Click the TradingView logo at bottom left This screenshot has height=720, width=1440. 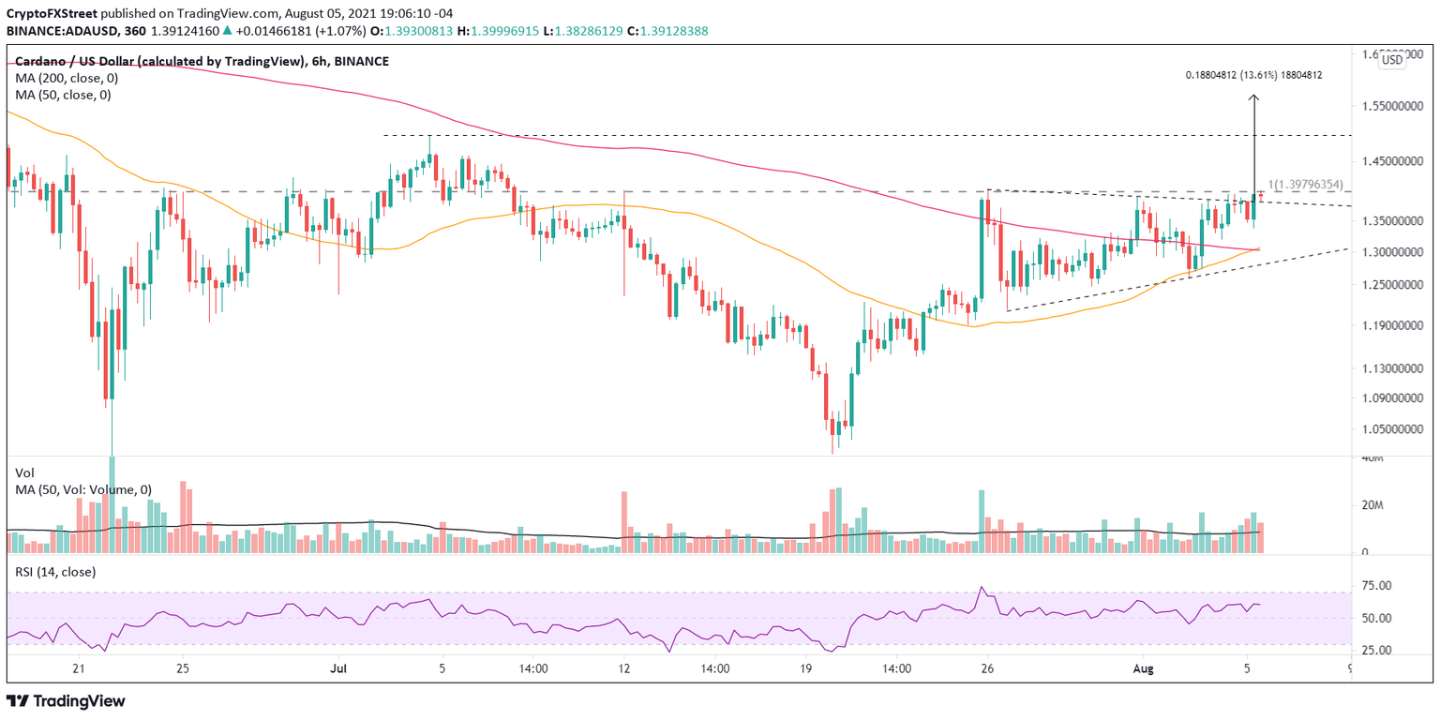point(66,700)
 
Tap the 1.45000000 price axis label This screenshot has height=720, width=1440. point(1389,161)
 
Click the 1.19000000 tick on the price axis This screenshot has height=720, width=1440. point(1389,326)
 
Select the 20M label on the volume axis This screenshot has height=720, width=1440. point(1373,505)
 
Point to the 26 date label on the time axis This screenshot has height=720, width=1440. point(986,669)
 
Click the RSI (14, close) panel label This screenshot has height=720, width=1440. point(55,571)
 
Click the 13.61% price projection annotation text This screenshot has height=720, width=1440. point(1253,75)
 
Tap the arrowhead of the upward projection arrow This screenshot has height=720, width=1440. point(1253,97)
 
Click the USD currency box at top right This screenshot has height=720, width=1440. point(1392,59)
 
